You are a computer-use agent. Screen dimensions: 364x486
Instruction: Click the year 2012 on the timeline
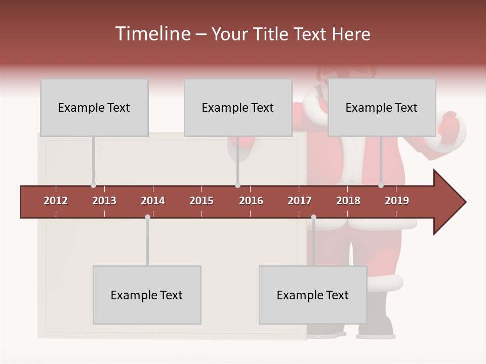[x=56, y=201]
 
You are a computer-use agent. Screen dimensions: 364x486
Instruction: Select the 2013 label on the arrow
[x=104, y=201]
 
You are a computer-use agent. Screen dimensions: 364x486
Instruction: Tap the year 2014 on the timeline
[x=153, y=201]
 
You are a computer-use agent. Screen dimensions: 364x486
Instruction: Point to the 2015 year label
[x=201, y=201]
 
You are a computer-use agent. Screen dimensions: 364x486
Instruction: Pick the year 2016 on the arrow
[x=251, y=201]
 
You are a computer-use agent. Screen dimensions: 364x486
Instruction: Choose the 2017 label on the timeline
[x=300, y=201]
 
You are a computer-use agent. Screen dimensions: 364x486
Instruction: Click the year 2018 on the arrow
[x=348, y=201]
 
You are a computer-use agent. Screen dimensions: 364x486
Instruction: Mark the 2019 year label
[x=397, y=201]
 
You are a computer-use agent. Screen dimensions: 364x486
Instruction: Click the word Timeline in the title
[x=152, y=34]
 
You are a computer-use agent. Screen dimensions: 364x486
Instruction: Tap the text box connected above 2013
[x=94, y=107]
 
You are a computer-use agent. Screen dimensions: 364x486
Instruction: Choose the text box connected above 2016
[x=238, y=107]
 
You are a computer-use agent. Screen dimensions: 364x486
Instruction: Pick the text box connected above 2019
[x=382, y=107]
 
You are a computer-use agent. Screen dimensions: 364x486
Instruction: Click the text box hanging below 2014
[x=147, y=295]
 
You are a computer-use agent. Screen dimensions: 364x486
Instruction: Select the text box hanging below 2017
[x=313, y=295]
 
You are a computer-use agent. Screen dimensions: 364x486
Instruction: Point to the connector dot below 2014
[x=147, y=217]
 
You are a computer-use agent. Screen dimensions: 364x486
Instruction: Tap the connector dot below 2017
[x=313, y=217]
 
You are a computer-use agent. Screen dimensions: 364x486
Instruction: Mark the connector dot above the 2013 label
[x=93, y=186]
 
